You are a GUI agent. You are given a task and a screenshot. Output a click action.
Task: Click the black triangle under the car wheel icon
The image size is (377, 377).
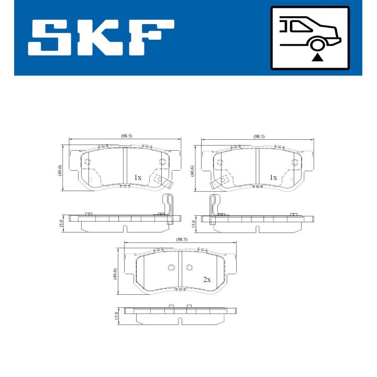click(x=316, y=57)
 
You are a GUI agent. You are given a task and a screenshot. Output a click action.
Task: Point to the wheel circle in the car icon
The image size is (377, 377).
click(x=316, y=45)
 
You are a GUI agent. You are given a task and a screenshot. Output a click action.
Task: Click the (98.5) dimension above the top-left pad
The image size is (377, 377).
click(x=126, y=136)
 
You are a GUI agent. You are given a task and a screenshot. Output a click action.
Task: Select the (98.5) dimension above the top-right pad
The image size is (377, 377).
click(x=259, y=136)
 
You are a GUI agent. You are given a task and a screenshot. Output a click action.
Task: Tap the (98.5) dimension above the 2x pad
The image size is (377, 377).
click(x=182, y=239)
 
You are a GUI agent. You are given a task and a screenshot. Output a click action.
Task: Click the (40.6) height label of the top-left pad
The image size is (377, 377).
click(x=61, y=170)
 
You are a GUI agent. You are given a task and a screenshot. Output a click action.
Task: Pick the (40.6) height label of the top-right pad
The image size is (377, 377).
click(x=193, y=170)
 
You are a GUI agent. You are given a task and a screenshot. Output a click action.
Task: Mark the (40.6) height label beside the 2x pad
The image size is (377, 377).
click(x=115, y=274)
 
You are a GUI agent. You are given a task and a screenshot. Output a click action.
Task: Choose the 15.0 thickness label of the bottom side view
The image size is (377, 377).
click(x=116, y=316)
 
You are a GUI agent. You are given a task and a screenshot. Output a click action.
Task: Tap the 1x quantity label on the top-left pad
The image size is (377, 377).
click(x=137, y=178)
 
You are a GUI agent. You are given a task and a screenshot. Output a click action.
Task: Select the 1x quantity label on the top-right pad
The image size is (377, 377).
click(x=273, y=178)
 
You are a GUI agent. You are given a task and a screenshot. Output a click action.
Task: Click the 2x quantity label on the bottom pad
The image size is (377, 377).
click(x=206, y=280)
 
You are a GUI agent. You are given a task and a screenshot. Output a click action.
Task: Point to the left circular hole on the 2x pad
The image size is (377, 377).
click(x=171, y=268)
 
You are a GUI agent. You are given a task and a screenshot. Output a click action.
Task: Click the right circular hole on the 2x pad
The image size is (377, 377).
click(x=190, y=268)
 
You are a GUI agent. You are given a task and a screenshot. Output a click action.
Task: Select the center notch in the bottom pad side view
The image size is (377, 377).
click(x=180, y=321)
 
